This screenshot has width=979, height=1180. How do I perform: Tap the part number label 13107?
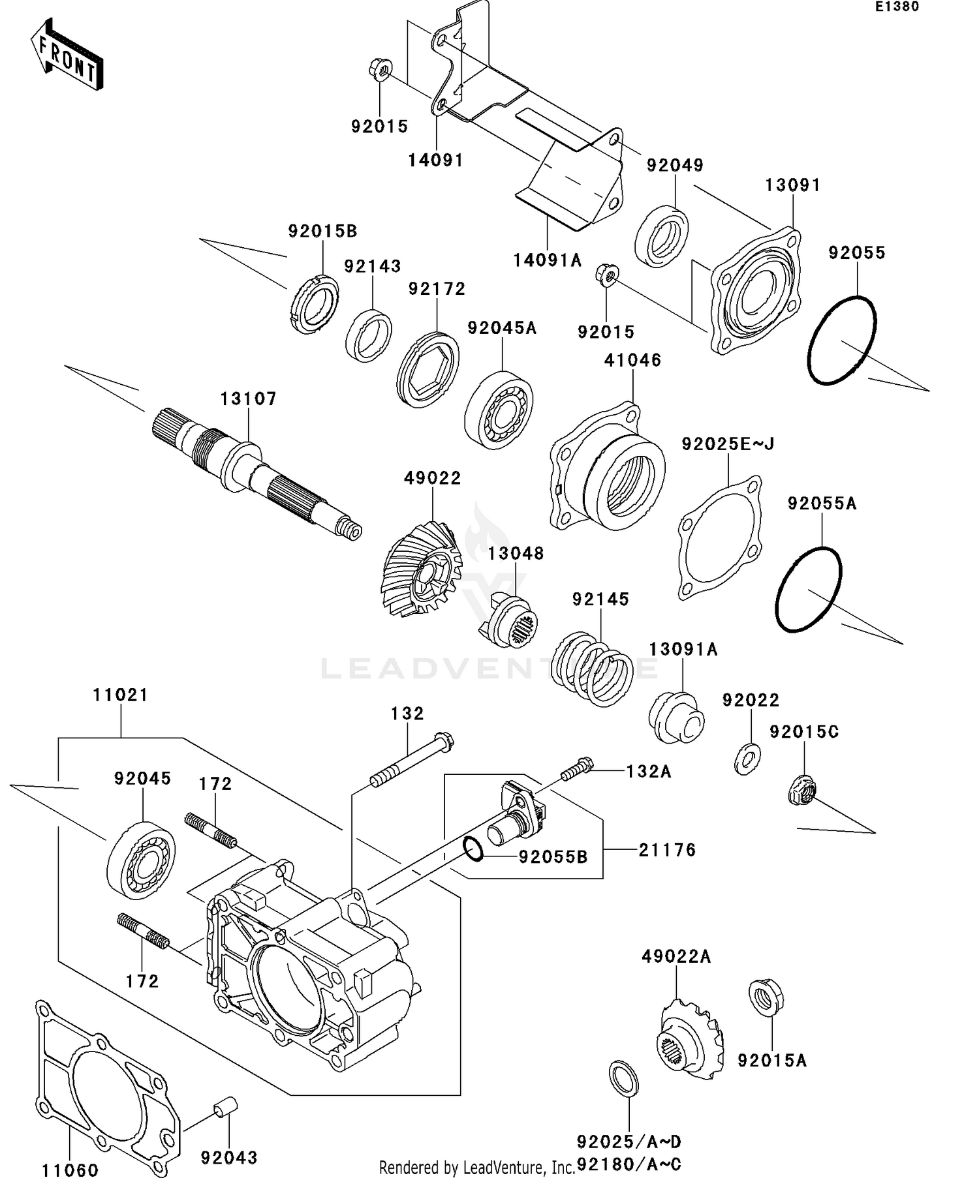(x=248, y=399)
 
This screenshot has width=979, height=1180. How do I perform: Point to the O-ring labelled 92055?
(x=842, y=340)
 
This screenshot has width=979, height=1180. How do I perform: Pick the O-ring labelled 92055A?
(x=809, y=589)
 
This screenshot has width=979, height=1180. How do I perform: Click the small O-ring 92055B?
(x=473, y=849)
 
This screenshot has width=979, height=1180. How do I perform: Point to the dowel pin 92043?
(x=226, y=1109)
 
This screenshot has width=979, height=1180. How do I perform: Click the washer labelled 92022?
(x=747, y=759)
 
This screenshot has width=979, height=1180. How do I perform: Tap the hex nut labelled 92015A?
(x=766, y=997)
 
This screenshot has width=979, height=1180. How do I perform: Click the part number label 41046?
(x=632, y=360)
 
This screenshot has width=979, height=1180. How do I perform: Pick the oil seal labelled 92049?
(x=661, y=236)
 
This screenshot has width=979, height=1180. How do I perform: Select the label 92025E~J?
(x=728, y=444)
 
